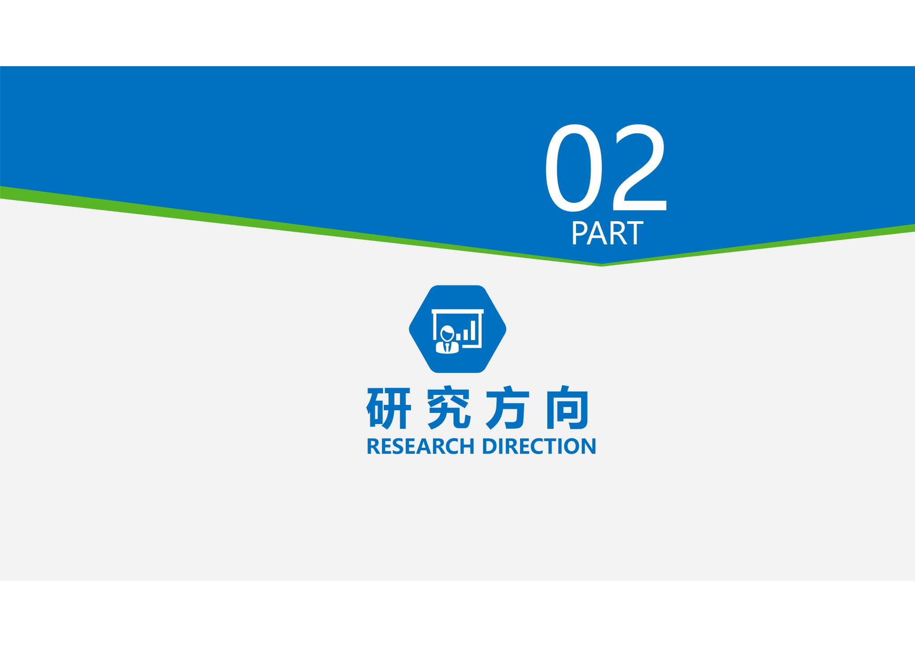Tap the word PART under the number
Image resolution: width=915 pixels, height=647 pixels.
tap(607, 233)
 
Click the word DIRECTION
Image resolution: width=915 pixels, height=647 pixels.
tap(539, 446)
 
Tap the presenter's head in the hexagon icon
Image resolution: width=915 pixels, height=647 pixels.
tap(447, 333)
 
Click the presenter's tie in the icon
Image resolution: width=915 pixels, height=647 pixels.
tap(447, 347)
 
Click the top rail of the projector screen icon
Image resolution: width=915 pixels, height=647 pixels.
tap(457, 311)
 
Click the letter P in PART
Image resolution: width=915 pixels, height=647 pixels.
tap(579, 233)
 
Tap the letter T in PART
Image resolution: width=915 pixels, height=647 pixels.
tap(634, 233)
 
